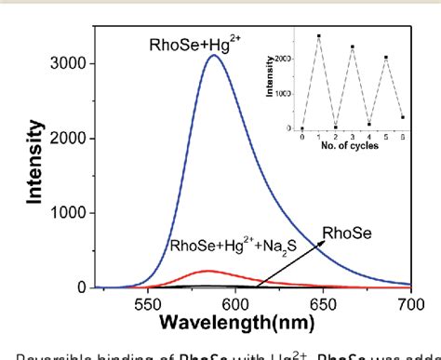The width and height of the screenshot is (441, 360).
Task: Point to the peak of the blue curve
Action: coord(214,55)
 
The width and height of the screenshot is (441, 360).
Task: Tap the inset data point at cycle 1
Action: coord(318,36)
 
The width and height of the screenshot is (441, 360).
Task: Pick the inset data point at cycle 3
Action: coord(353,47)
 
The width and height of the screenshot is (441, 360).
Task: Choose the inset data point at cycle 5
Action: coord(386,58)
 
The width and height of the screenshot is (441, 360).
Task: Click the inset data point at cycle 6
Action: coord(403,117)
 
